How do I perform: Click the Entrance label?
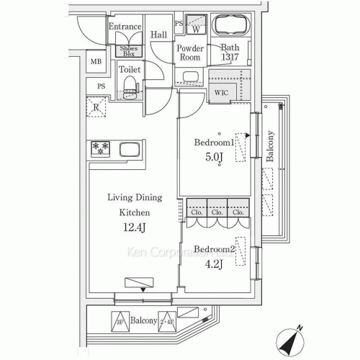point(124,27)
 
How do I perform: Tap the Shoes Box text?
point(128,50)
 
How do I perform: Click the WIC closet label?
point(220,93)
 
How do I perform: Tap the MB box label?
point(96,61)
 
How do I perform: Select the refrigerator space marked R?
point(96,108)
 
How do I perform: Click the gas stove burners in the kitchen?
point(99,149)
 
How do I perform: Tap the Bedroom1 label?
point(215,143)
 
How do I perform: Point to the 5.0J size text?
point(214,158)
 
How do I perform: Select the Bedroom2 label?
point(214,249)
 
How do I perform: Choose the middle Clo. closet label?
point(217,213)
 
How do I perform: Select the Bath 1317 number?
point(230,58)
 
